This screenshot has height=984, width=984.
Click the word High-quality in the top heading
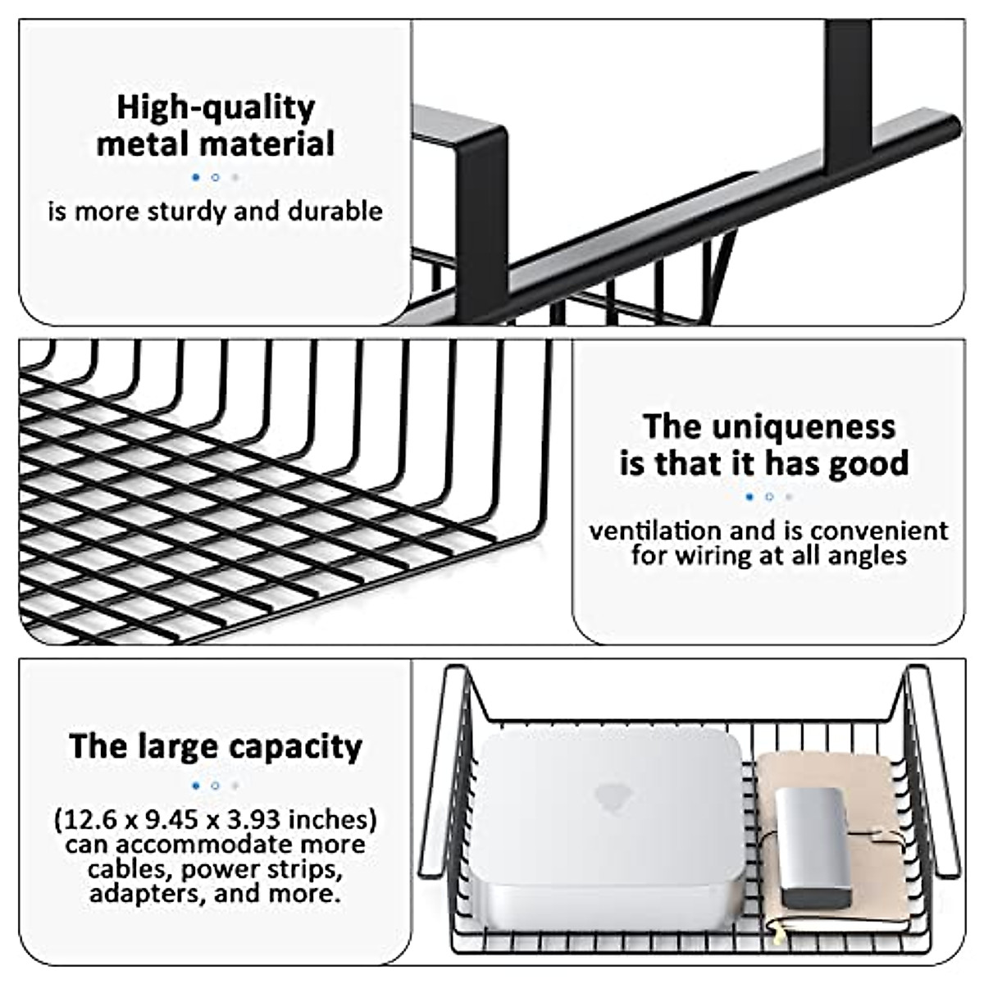tap(215, 108)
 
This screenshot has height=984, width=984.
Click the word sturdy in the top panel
tap(185, 212)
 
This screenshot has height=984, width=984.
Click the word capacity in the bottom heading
tap(295, 747)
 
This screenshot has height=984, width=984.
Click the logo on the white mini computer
tap(608, 794)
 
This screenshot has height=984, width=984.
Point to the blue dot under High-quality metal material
tap(195, 177)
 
